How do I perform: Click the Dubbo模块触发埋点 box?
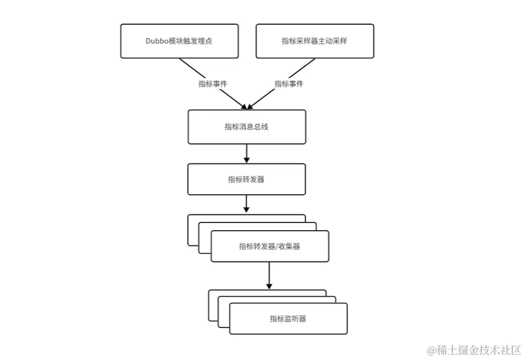[179, 41]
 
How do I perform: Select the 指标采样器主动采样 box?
[315, 41]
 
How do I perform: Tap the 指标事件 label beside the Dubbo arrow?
[212, 84]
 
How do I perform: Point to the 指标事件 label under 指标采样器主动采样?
[289, 84]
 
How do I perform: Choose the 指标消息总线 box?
[247, 127]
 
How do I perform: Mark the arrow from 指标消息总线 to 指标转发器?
[247, 153]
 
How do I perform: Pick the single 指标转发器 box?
[247, 179]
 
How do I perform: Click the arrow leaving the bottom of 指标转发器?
[247, 204]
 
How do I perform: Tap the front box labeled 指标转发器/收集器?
[270, 247]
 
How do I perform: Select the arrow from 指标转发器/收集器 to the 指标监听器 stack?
[269, 276]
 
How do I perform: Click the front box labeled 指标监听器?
[288, 319]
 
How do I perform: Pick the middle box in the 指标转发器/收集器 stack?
[204, 236]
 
